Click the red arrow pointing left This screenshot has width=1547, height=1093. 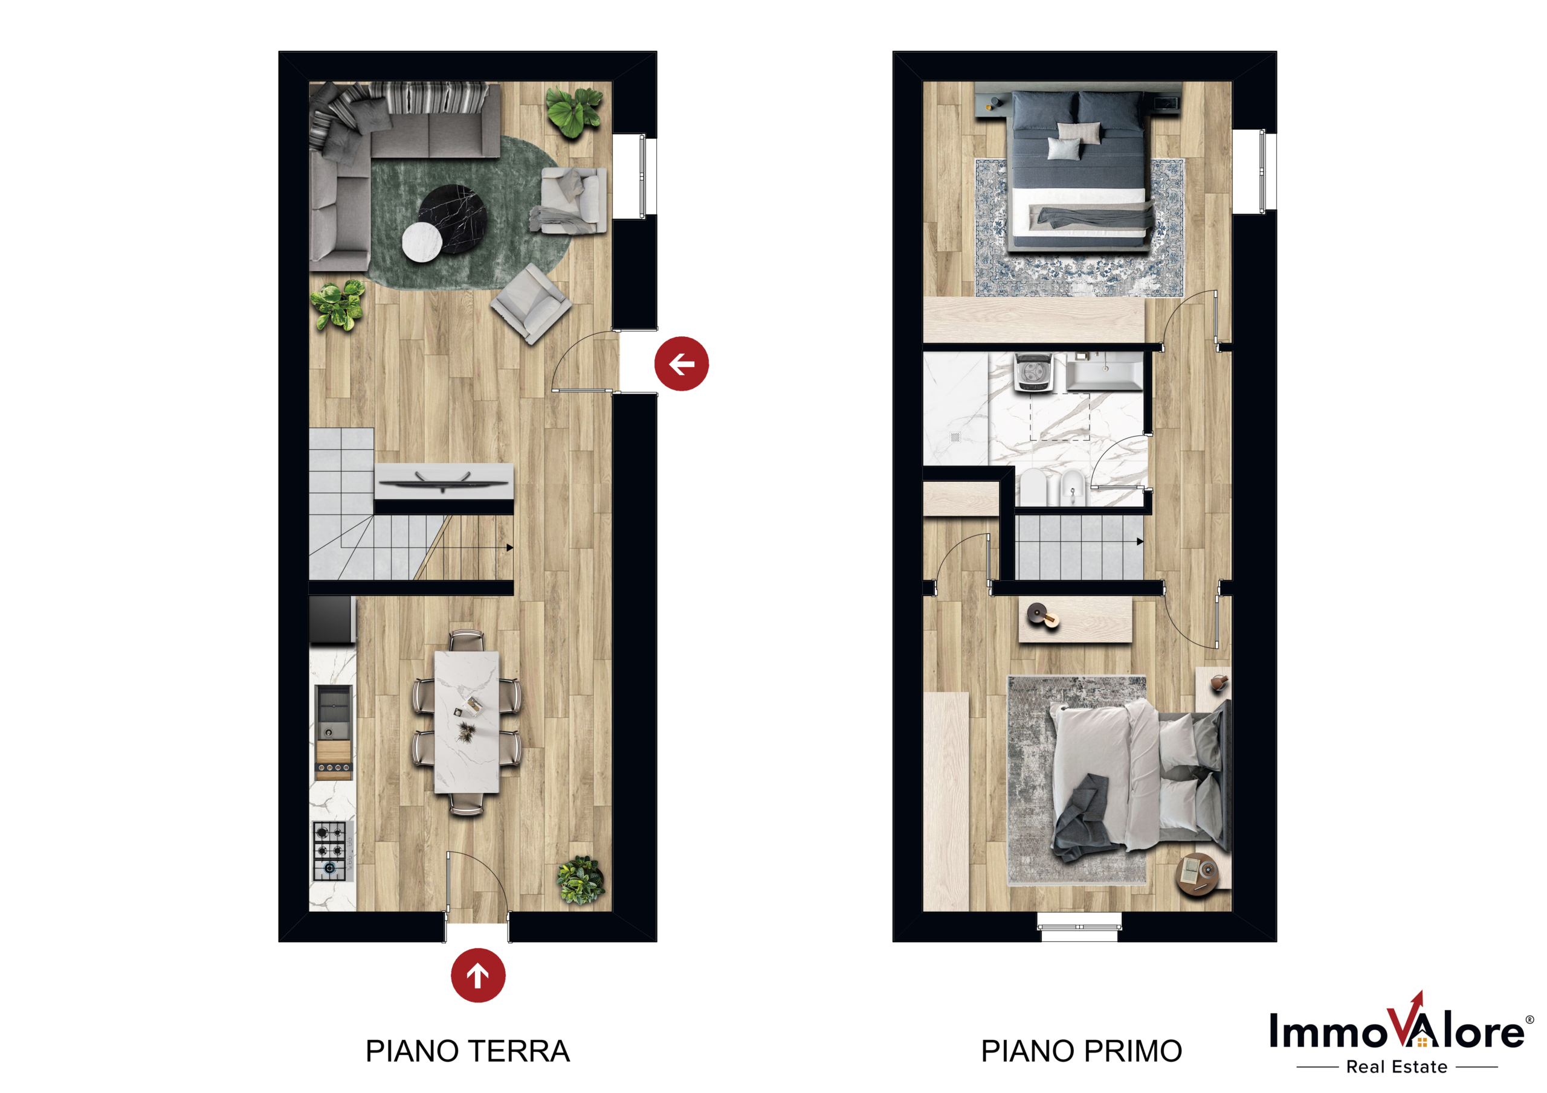click(681, 364)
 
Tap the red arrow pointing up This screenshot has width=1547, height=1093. click(478, 975)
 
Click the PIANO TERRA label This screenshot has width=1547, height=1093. click(468, 1051)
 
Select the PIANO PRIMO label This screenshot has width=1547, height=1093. click(1082, 1051)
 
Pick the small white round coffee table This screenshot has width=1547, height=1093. click(422, 240)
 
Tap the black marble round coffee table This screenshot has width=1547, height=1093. click(453, 218)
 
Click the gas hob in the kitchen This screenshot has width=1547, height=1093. click(330, 851)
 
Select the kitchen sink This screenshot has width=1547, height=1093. click(334, 713)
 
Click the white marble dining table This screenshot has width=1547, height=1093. click(467, 722)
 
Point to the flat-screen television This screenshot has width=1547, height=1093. click(444, 481)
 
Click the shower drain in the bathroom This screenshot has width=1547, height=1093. click(955, 437)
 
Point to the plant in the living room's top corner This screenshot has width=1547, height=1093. click(573, 111)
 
